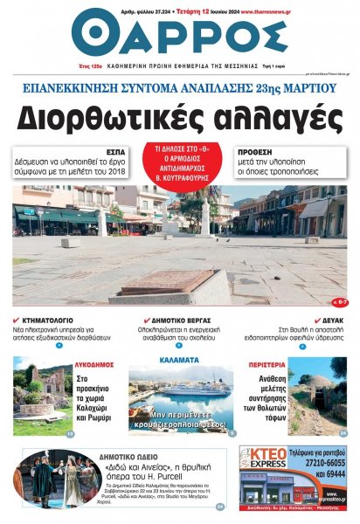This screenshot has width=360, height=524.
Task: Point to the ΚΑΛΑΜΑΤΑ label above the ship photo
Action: [x=181, y=358]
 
